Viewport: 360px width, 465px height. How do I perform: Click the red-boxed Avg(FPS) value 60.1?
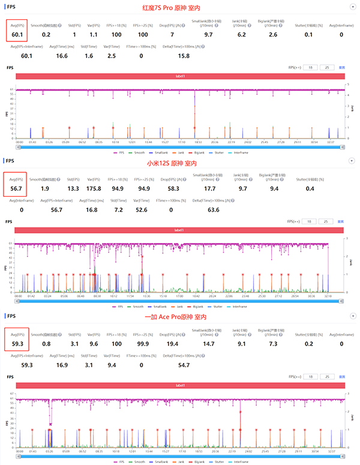pos(19,35)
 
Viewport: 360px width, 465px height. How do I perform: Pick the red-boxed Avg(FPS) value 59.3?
pos(19,344)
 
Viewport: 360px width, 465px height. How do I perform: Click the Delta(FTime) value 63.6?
pos(180,210)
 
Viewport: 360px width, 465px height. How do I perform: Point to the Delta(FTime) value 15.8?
pos(184,56)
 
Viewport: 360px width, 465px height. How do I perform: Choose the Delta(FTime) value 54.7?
pos(184,365)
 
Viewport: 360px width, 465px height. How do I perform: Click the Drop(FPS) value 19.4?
pos(172,344)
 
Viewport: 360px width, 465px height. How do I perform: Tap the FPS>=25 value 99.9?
pos(143,344)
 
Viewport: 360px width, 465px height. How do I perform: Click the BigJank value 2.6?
pos(273,35)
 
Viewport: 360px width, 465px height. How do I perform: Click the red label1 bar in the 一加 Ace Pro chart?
pos(180,385)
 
